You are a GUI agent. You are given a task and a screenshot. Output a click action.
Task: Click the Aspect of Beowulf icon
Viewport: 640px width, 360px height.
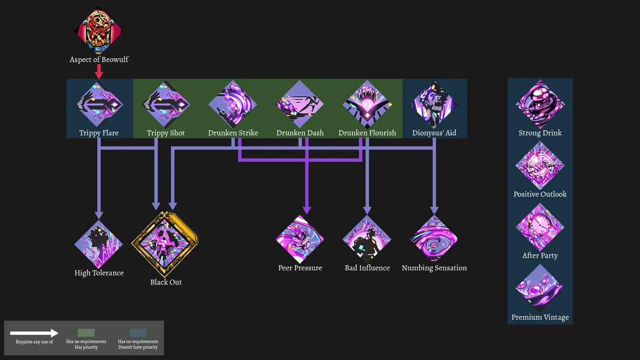(x=99, y=30)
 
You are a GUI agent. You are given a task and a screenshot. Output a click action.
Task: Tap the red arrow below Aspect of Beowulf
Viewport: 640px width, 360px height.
(x=99, y=71)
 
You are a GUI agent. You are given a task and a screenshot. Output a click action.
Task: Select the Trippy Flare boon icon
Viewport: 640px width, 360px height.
(x=99, y=105)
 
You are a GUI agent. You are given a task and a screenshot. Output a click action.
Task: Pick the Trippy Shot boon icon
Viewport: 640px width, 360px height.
(x=166, y=105)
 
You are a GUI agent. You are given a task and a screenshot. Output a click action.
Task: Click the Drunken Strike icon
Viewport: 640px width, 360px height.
(x=233, y=105)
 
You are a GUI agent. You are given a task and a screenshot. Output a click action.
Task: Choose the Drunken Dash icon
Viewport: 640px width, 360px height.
(x=300, y=105)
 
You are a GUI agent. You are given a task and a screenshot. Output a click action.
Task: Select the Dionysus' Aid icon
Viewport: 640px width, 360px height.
(x=434, y=105)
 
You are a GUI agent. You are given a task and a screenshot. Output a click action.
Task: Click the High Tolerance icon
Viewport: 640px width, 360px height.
(x=99, y=244)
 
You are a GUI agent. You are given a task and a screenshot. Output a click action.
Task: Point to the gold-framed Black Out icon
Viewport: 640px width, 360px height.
(x=166, y=244)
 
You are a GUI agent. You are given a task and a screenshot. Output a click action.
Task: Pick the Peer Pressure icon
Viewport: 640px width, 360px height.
(x=300, y=239)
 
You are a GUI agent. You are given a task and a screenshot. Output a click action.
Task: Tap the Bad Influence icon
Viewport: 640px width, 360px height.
(x=367, y=239)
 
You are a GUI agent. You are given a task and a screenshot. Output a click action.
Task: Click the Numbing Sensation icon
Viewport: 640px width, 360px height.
(x=434, y=239)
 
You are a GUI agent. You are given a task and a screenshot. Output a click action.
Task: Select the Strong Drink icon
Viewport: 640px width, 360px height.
(x=540, y=105)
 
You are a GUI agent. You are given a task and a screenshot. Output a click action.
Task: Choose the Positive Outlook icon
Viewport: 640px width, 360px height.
(x=540, y=166)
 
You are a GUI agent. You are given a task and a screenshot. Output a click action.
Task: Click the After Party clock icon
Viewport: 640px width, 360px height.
(x=540, y=227)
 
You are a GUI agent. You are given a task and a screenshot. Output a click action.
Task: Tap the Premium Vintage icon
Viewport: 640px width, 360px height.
(x=540, y=289)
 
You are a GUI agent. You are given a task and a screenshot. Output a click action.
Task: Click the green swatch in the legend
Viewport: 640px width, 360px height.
(x=86, y=333)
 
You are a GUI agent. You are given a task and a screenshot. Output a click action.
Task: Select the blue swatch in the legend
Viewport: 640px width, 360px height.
(x=138, y=333)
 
